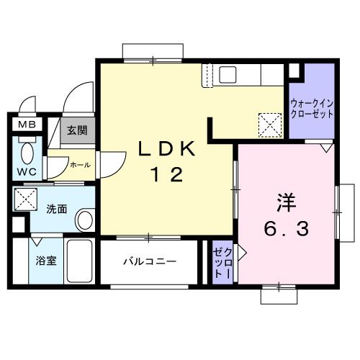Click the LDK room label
168,148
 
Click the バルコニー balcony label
148,261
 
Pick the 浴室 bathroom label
45,261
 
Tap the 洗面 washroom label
57,210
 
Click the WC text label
26,173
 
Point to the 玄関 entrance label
77,130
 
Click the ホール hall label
80,165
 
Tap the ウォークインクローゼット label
312,109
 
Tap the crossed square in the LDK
271,124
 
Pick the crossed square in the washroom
27,198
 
